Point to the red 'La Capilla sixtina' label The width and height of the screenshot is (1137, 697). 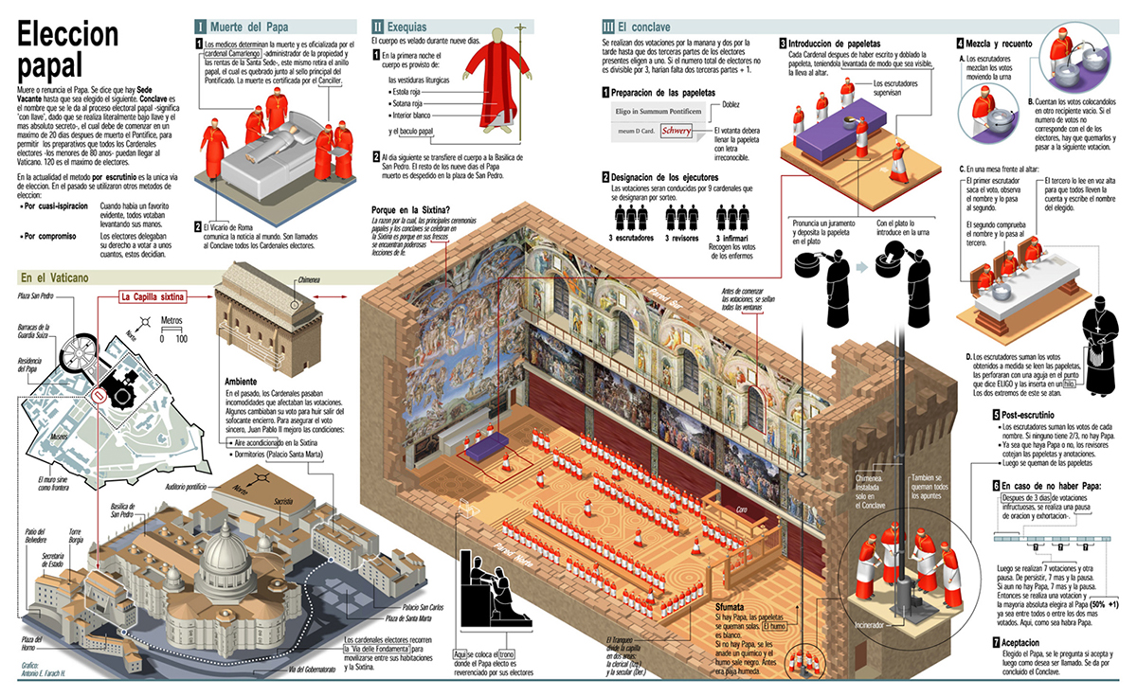point(153,296)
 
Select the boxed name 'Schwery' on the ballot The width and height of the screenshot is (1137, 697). point(677,131)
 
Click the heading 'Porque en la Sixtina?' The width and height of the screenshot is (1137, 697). point(410,209)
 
